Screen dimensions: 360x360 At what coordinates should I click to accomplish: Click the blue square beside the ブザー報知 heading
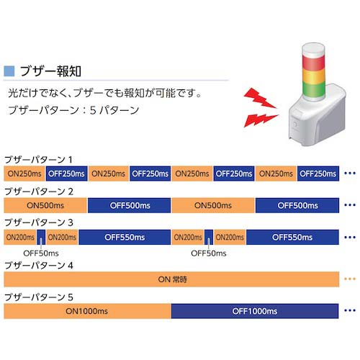click(x=9, y=71)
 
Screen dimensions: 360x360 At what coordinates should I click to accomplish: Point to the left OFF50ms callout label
click(x=40, y=253)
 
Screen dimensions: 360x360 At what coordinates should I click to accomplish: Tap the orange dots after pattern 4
click(x=350, y=279)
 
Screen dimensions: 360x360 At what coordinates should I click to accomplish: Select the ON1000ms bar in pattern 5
click(x=87, y=310)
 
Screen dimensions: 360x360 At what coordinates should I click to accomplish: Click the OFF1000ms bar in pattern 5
click(x=255, y=310)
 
